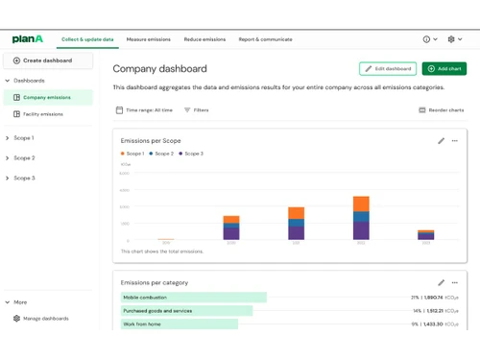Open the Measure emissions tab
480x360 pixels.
click(x=148, y=39)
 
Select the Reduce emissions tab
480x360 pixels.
click(x=204, y=39)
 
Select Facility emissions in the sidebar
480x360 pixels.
click(x=44, y=114)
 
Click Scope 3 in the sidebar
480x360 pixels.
click(x=24, y=178)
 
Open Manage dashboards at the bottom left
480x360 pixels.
click(x=45, y=318)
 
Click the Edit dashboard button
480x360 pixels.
click(x=388, y=69)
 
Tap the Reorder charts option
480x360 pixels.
click(x=443, y=110)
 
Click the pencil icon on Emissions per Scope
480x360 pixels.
click(x=441, y=140)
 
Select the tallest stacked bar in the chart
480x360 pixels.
click(x=361, y=217)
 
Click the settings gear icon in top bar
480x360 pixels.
click(x=450, y=39)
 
